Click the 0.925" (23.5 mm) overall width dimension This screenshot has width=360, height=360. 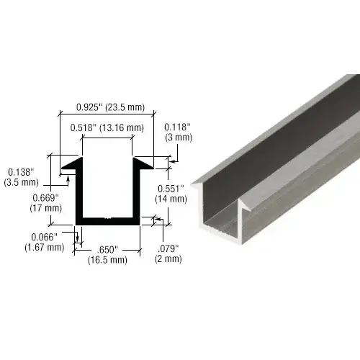click(x=111, y=108)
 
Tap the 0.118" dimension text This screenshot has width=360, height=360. click(x=177, y=127)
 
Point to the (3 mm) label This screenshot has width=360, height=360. click(x=178, y=137)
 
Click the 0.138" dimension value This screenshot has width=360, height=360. click(x=19, y=171)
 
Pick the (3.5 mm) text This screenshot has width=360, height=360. click(x=19, y=182)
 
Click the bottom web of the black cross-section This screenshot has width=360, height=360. click(x=108, y=220)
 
